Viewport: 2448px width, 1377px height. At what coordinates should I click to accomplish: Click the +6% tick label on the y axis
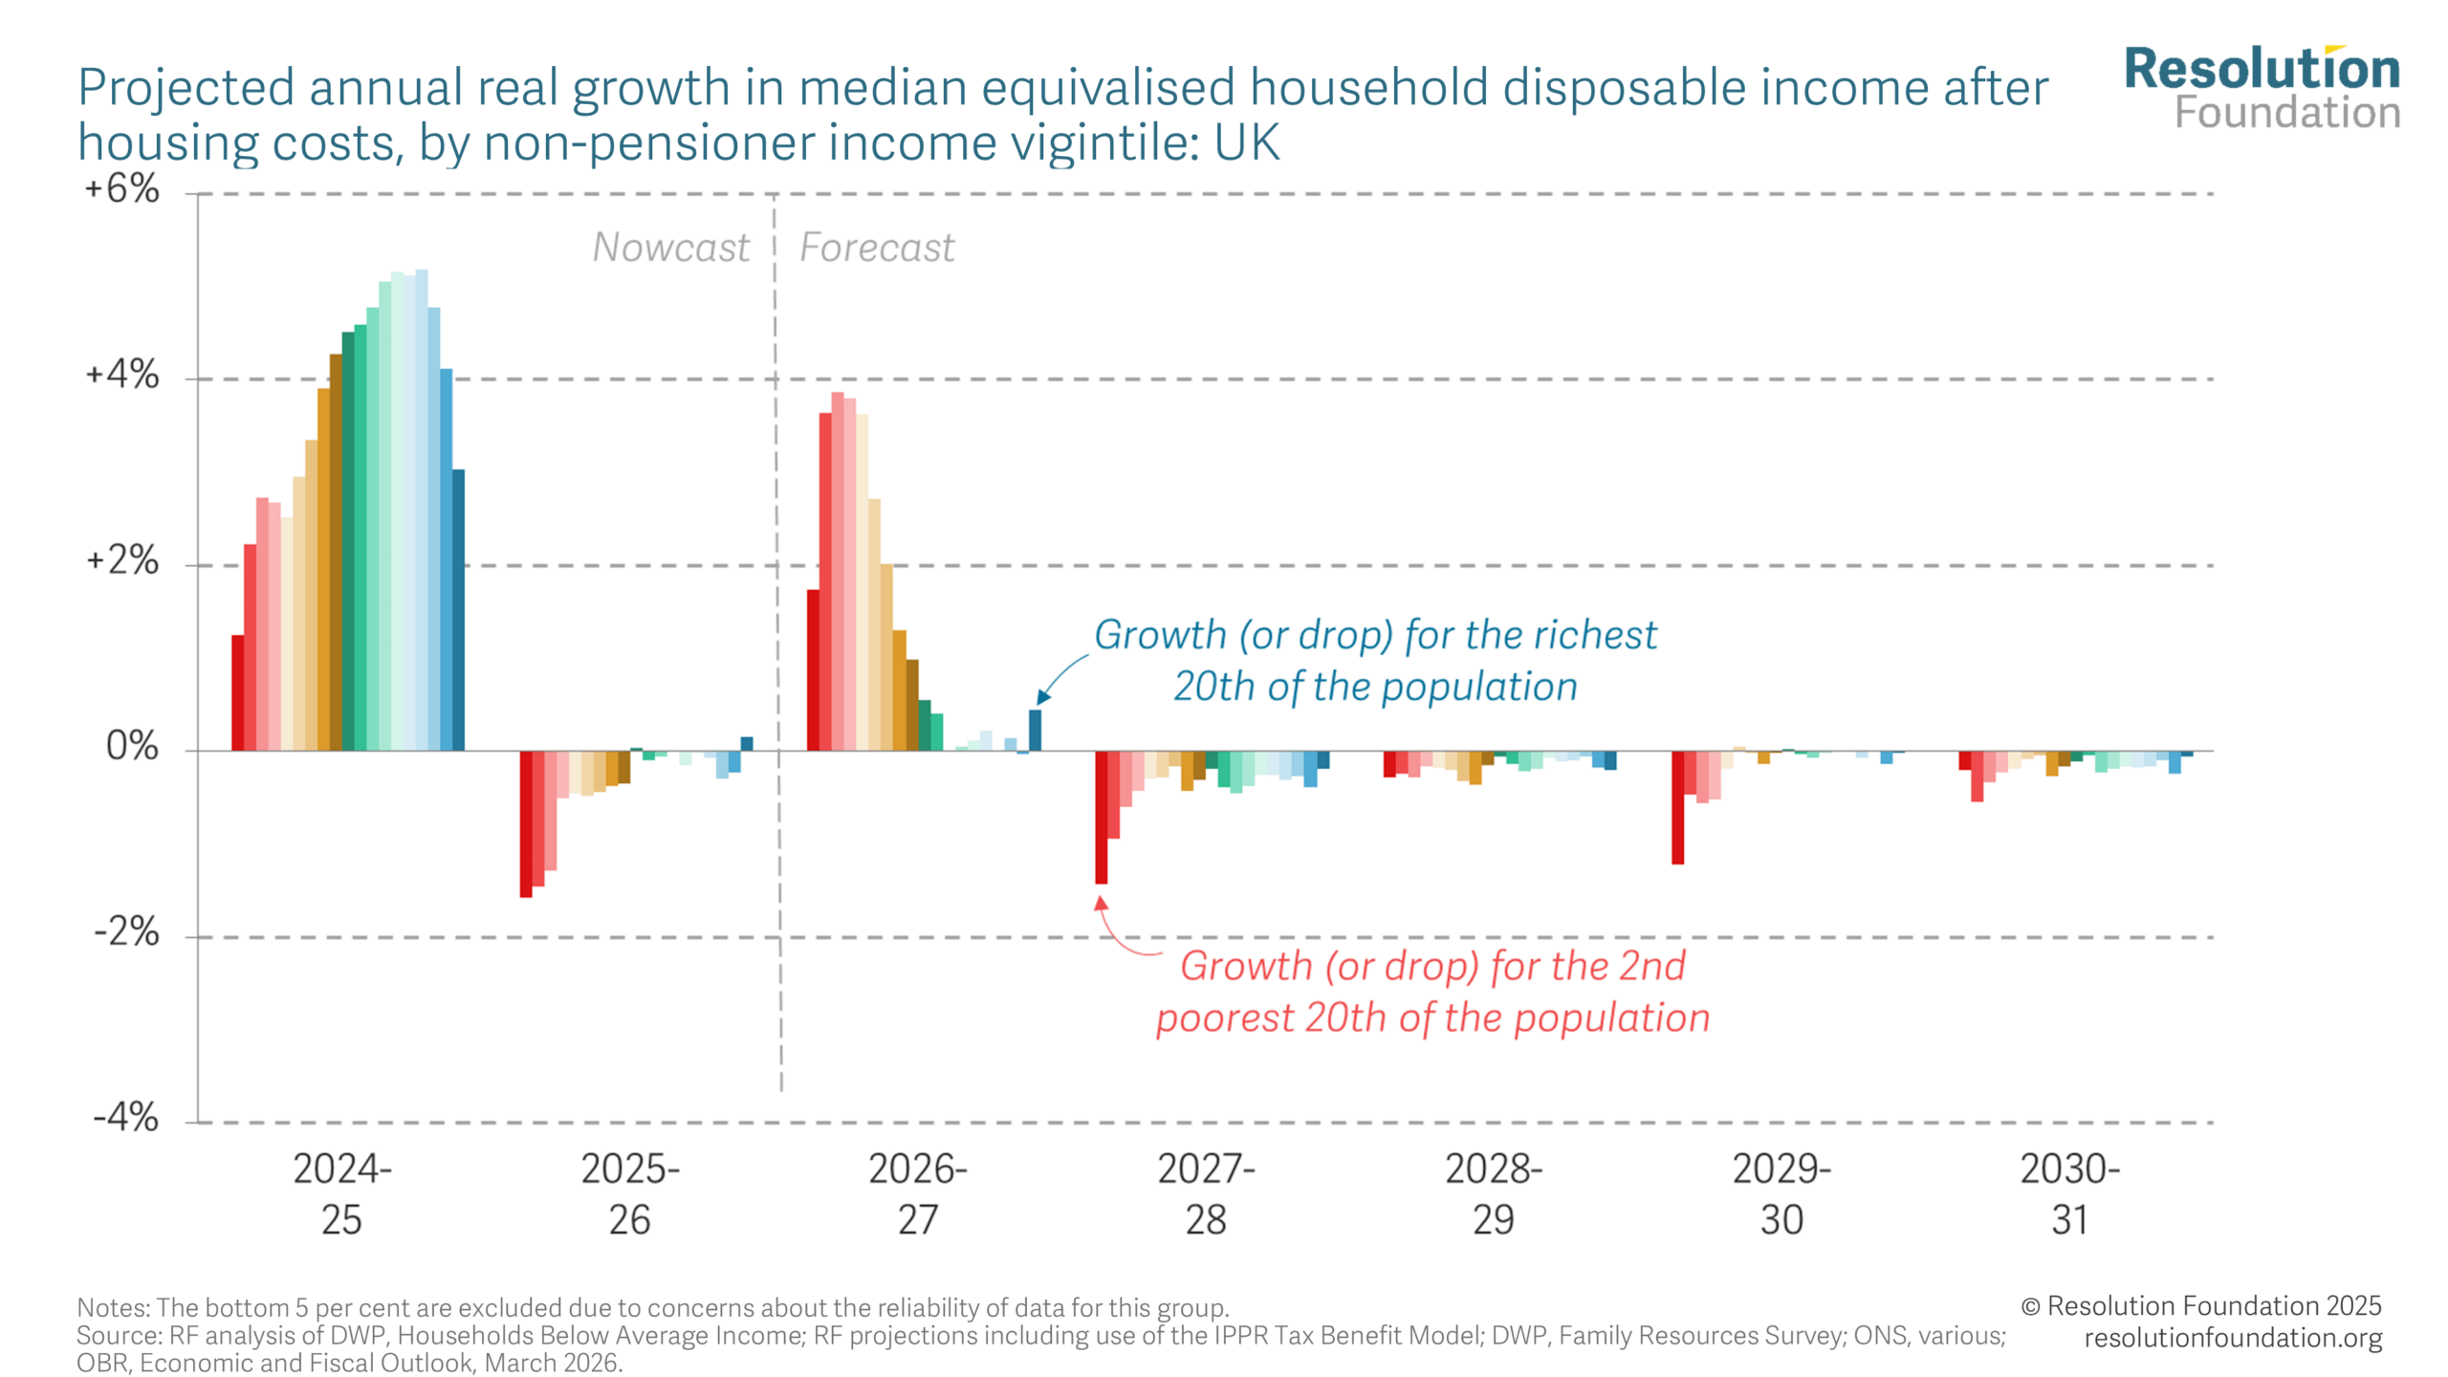[122, 189]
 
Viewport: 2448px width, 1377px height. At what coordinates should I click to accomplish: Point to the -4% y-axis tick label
[126, 1117]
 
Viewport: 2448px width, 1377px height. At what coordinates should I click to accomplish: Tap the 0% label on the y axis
[133, 746]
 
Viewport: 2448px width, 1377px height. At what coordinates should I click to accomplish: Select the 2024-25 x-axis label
[341, 1193]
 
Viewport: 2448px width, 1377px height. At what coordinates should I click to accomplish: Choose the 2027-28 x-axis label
[1206, 1193]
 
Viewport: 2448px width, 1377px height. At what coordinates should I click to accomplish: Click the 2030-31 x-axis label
[2069, 1193]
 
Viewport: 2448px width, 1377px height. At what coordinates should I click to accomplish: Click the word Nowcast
[670, 248]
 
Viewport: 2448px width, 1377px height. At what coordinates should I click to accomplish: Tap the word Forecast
[877, 248]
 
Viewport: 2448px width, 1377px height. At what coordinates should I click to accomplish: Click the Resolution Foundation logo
[2262, 89]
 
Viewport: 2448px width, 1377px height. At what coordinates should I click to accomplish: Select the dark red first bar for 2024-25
[238, 692]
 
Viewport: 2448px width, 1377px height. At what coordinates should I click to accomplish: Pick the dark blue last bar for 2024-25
[459, 610]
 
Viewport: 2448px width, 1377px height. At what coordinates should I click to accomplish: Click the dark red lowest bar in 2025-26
[526, 823]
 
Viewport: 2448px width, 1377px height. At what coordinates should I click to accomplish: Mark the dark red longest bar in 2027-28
[1102, 817]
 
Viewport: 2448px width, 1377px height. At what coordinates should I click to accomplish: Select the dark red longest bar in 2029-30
[1677, 807]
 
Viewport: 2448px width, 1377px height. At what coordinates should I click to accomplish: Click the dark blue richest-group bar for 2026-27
[1035, 731]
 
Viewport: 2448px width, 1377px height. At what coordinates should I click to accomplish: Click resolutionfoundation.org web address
[2233, 1338]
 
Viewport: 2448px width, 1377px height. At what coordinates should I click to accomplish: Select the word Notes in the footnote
[112, 1307]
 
